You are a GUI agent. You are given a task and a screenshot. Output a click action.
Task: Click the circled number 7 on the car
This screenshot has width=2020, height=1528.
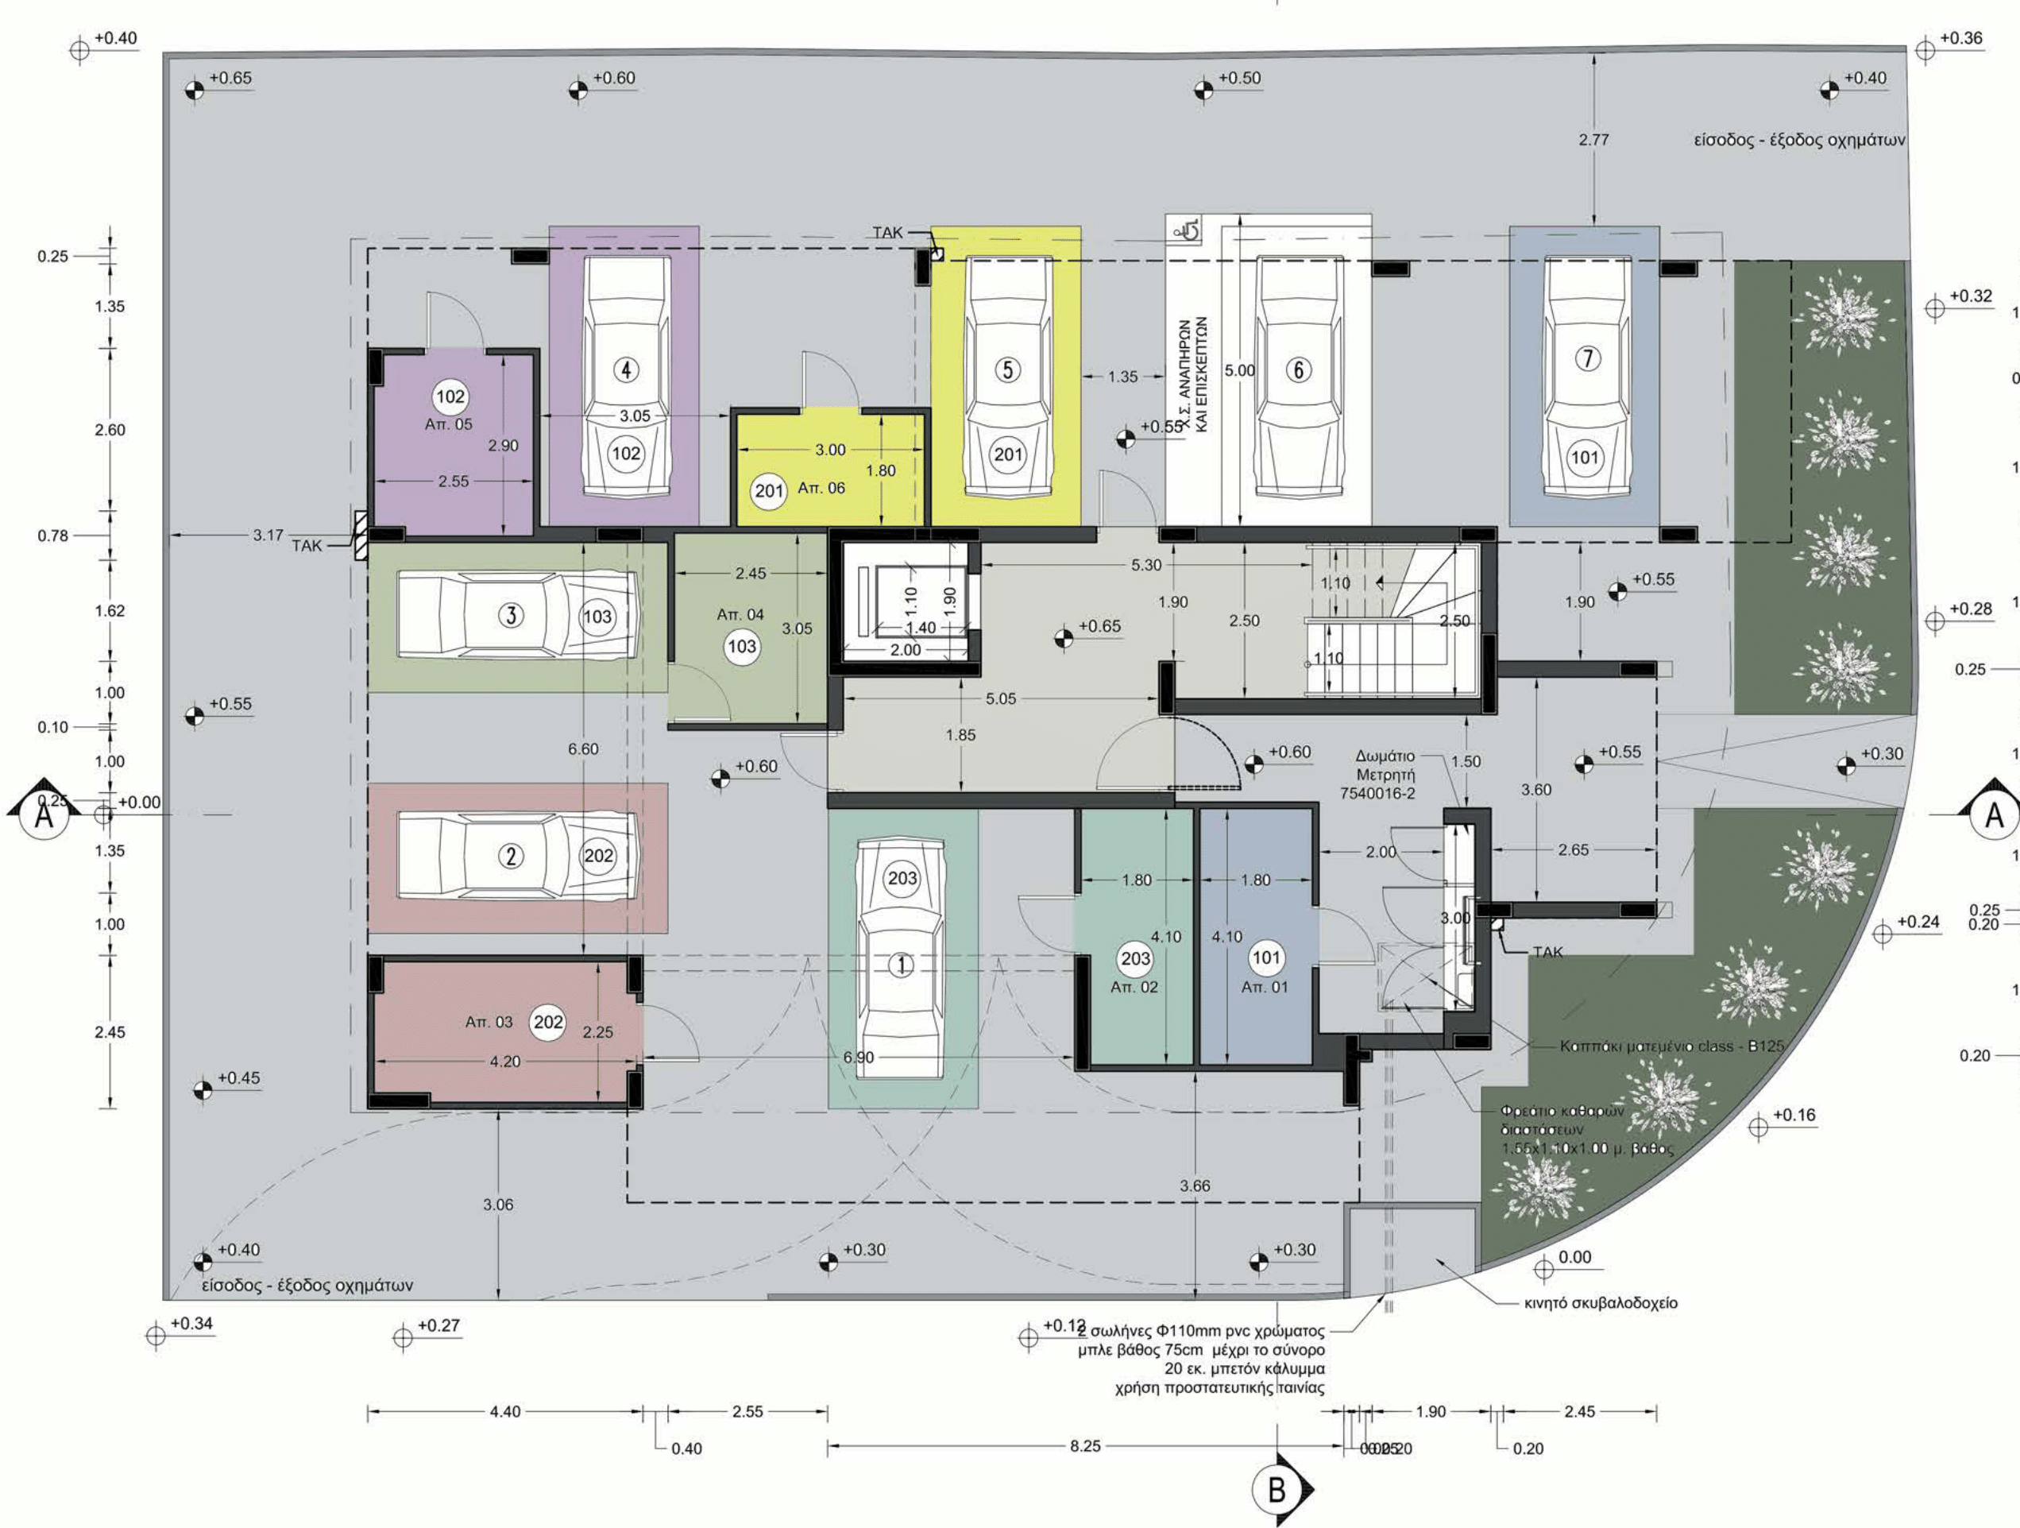tap(1587, 358)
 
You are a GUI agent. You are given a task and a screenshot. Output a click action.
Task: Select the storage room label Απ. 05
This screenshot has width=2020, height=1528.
tap(448, 424)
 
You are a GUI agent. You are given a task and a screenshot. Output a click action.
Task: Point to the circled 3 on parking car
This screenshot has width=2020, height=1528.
tap(511, 616)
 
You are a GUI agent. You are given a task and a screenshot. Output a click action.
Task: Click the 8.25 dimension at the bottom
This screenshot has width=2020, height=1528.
tap(1085, 1447)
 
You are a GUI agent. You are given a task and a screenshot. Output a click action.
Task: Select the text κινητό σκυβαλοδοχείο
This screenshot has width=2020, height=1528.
tap(1601, 1303)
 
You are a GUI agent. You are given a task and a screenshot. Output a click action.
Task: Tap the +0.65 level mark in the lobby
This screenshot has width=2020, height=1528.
tap(1099, 627)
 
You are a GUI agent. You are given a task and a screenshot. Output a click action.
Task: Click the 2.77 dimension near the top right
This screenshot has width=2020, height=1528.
tap(1593, 140)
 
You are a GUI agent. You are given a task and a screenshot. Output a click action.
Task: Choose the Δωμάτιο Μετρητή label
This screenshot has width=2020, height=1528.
tap(1385, 775)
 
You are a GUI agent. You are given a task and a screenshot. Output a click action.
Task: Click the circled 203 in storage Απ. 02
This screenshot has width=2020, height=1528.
tap(1135, 959)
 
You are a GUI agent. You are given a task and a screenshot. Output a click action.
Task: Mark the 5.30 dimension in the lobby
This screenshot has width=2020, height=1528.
tap(1146, 565)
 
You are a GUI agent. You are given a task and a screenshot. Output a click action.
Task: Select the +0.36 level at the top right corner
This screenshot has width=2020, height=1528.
tap(1960, 38)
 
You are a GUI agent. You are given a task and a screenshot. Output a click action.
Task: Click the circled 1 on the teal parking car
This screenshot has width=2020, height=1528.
tap(902, 965)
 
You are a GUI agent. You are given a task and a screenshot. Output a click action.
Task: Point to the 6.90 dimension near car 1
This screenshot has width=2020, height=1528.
tap(859, 1058)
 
